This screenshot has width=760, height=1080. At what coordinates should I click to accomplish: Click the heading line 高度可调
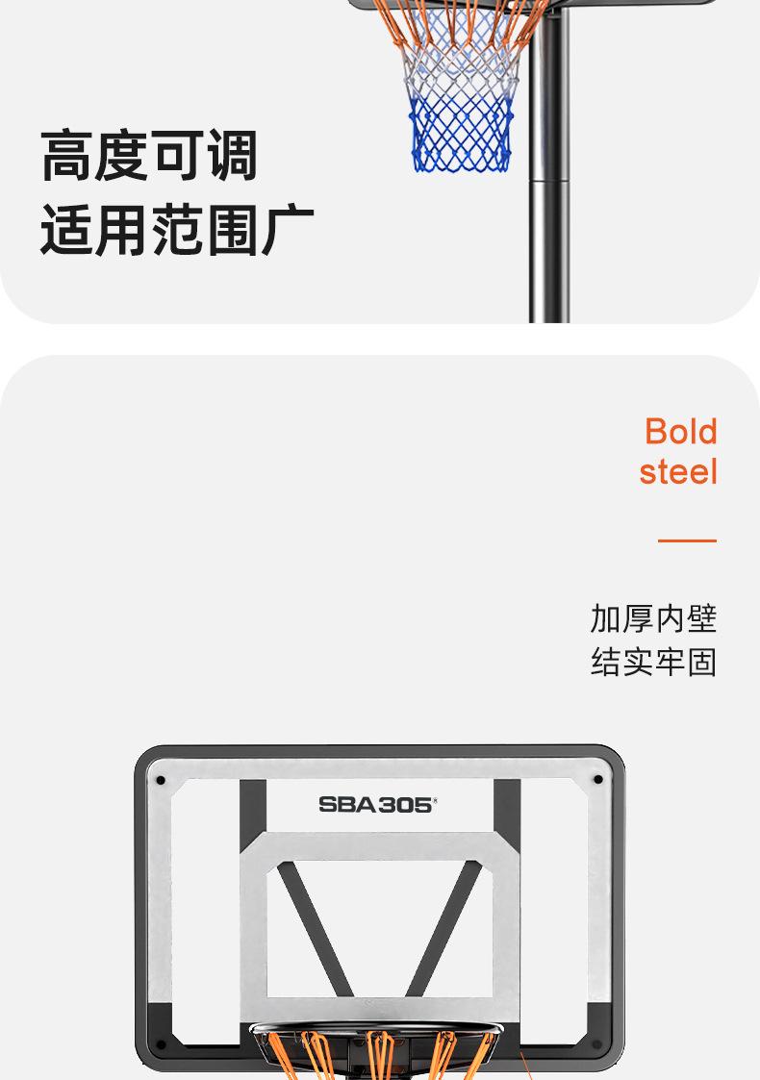coord(149,158)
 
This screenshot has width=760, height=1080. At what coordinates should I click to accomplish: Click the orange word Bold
coord(680,431)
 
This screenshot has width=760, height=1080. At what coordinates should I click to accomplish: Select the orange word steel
coord(678,471)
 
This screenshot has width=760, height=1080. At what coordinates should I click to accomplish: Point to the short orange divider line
coord(687,540)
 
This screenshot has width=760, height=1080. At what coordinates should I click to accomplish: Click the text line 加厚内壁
coord(653,618)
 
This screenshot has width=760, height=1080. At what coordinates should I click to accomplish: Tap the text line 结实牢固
coord(653,662)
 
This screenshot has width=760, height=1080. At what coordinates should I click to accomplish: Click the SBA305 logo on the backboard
coord(376,804)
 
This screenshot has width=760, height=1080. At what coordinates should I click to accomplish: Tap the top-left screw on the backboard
coord(161,779)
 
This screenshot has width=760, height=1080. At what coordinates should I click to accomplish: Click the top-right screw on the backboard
coord(598,779)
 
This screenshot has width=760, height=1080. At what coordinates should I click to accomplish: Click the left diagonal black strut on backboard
coord(316,929)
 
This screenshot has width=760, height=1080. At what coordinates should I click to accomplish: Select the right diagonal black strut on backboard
coord(443,929)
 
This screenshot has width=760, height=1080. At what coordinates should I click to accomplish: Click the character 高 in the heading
coord(66,158)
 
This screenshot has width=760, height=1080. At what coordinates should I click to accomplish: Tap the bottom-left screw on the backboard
coord(161,1043)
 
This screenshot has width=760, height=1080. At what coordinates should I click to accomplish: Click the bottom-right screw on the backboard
coord(596,1043)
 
